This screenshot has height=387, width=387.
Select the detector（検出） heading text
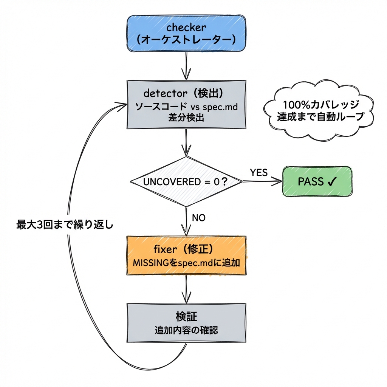[186, 93]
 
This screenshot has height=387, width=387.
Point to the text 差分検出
[186, 118]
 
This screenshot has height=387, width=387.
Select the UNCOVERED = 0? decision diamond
[186, 182]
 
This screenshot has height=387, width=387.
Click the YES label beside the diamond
[259, 173]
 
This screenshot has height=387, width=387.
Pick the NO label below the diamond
[199, 218]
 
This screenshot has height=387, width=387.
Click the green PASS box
[317, 182]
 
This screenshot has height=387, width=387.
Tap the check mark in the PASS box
[332, 182]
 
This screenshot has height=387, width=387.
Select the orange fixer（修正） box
[186, 255]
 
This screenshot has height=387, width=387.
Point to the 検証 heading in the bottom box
[186, 316]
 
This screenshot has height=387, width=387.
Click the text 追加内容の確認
[186, 330]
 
